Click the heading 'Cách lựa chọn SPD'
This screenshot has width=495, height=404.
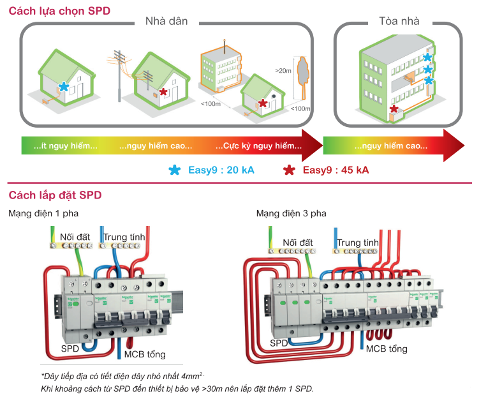pyautogui.click(x=55, y=11)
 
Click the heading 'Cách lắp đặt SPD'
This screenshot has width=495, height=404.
pyautogui.click(x=54, y=195)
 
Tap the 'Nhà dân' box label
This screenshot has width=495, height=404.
pyautogui.click(x=166, y=21)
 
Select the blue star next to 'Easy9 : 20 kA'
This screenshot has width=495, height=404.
pyautogui.click(x=175, y=170)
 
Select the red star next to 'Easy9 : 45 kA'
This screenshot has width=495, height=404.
pyautogui.click(x=289, y=170)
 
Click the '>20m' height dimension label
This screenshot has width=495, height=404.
pyautogui.click(x=281, y=71)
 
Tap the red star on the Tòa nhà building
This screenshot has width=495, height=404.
pyautogui.click(x=395, y=110)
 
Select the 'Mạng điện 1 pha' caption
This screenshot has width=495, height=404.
pyautogui.click(x=43, y=213)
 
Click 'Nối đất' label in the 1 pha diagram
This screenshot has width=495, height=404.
pyautogui.click(x=75, y=237)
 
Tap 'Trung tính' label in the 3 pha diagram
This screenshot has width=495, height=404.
pyautogui.click(x=358, y=243)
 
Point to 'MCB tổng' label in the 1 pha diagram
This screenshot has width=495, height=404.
pyautogui.click(x=145, y=354)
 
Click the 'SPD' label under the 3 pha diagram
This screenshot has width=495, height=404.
pyautogui.click(x=279, y=343)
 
